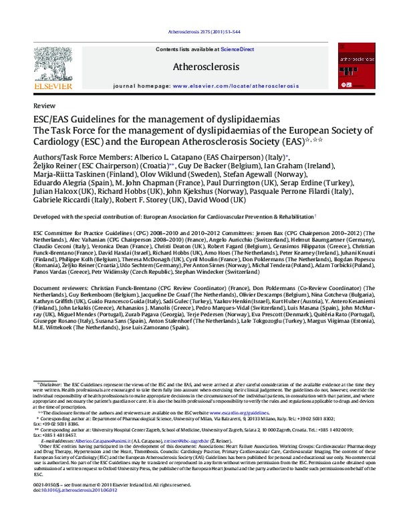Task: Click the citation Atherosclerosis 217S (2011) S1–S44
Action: (200, 33)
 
